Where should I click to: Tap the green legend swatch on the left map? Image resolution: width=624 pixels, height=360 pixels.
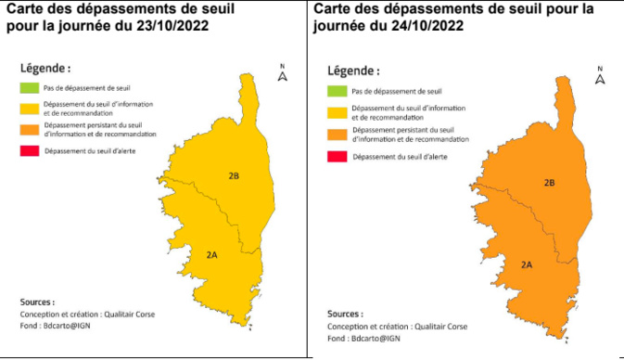point(29,89)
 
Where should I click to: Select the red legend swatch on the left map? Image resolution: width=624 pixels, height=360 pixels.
point(29,150)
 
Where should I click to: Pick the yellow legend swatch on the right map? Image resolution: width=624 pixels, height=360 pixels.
point(337,113)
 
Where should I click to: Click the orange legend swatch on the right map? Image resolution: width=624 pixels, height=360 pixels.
point(337,135)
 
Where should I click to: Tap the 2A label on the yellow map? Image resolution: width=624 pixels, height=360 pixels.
point(212,254)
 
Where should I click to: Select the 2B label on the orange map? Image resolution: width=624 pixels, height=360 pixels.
point(549,183)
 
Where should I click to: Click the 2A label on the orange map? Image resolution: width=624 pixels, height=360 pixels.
point(526,265)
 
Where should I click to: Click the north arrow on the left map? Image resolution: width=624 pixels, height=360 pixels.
point(283,73)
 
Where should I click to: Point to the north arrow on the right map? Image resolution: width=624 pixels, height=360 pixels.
point(600,77)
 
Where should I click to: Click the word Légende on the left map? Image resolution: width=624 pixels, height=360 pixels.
point(45,69)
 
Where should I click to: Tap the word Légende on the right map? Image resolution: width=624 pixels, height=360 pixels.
point(352,71)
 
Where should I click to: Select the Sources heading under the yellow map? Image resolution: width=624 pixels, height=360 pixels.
point(37,302)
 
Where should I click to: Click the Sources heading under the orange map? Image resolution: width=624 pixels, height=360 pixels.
point(345,314)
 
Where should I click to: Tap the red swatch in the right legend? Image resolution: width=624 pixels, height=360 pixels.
point(337,158)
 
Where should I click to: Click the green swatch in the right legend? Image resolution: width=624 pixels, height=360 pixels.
point(337,92)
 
